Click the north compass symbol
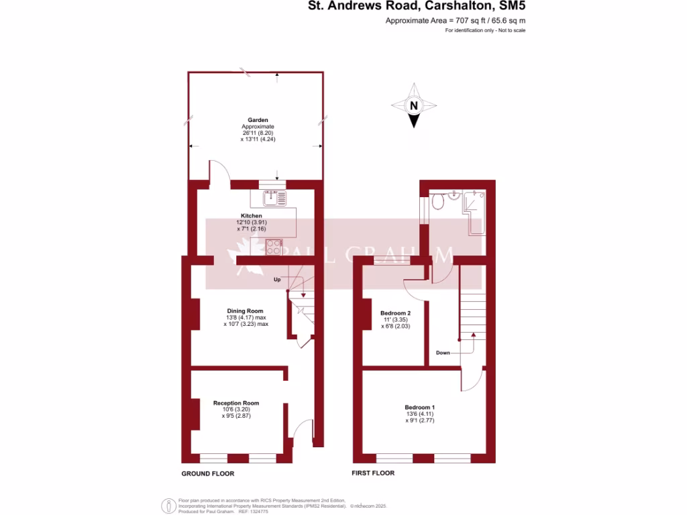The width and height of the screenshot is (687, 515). click(x=414, y=106)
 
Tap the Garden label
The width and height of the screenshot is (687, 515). click(x=258, y=120)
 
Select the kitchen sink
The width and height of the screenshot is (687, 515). click(x=272, y=197)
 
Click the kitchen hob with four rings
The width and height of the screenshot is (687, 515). click(x=274, y=247)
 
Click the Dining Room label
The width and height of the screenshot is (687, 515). click(x=245, y=310)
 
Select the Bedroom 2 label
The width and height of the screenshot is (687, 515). click(x=395, y=313)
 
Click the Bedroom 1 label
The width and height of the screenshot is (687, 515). click(x=419, y=407)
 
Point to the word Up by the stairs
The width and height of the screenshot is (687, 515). click(x=276, y=280)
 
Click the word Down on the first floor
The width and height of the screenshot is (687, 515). click(x=443, y=352)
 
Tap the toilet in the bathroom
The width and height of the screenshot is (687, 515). click(x=438, y=201)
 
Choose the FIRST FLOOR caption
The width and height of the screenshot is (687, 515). click(x=373, y=473)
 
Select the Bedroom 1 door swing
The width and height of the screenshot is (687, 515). click(x=471, y=380)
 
